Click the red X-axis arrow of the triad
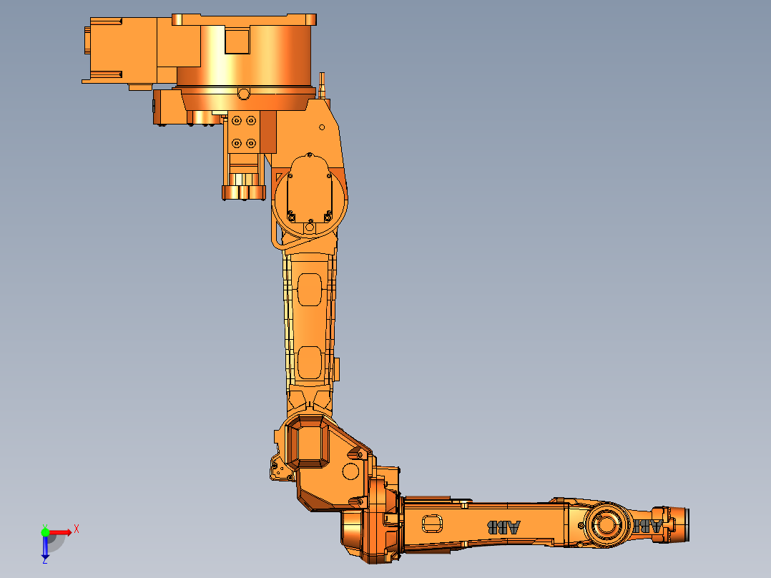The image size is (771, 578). (x=61, y=532)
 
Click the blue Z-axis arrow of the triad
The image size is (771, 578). (x=45, y=547)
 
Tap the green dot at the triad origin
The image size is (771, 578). (x=45, y=532)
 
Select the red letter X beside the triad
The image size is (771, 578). (x=76, y=529)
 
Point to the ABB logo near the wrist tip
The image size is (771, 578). (x=650, y=526)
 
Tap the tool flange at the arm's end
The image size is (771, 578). (x=682, y=522)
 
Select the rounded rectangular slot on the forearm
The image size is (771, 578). (x=433, y=524)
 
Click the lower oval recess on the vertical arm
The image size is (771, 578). (x=310, y=363)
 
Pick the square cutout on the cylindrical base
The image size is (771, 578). (x=237, y=41)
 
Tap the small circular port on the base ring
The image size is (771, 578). (x=243, y=94)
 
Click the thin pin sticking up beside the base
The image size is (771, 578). (x=323, y=84)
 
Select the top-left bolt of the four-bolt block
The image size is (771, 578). (x=237, y=121)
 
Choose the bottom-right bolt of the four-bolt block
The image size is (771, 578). (x=250, y=143)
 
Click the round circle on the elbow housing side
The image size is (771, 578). (x=350, y=471)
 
